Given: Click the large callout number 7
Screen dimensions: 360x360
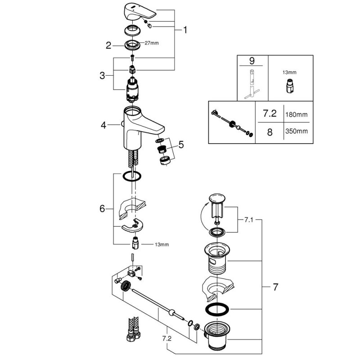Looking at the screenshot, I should pyautogui.click(x=275, y=286).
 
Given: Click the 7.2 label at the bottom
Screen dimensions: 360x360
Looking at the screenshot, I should pyautogui.click(x=168, y=337).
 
